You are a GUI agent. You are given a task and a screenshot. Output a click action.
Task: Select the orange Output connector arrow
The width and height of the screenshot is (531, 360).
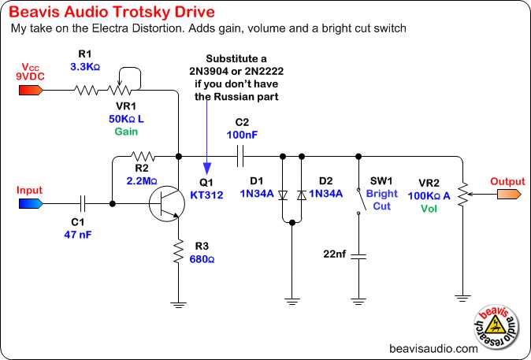coord(506,194)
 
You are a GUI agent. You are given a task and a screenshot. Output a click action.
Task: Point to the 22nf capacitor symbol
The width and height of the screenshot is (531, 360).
coord(358,255)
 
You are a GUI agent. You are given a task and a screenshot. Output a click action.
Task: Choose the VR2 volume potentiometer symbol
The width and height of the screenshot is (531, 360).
coord(460,194)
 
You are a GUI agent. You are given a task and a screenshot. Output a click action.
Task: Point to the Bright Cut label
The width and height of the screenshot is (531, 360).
coord(382,199)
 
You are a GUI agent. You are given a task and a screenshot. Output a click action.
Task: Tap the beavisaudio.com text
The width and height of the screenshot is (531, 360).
coord(433,347)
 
